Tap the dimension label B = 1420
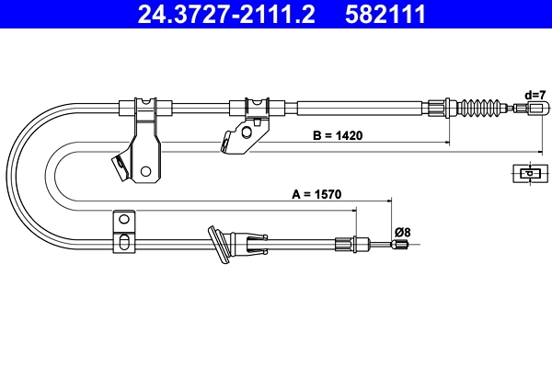(x=338, y=135)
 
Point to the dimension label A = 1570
(x=317, y=194)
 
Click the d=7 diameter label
(x=535, y=95)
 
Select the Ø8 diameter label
(x=402, y=232)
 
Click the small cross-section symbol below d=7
(x=527, y=172)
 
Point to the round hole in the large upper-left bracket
(x=145, y=170)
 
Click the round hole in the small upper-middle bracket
(x=246, y=131)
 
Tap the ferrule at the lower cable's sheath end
(x=346, y=244)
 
